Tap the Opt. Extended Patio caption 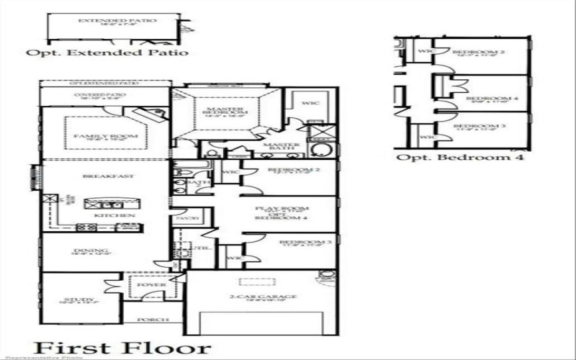107,53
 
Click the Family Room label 94,135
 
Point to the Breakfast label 99,176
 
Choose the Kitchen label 104,215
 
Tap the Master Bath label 281,148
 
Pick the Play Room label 272,210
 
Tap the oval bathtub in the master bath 320,150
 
